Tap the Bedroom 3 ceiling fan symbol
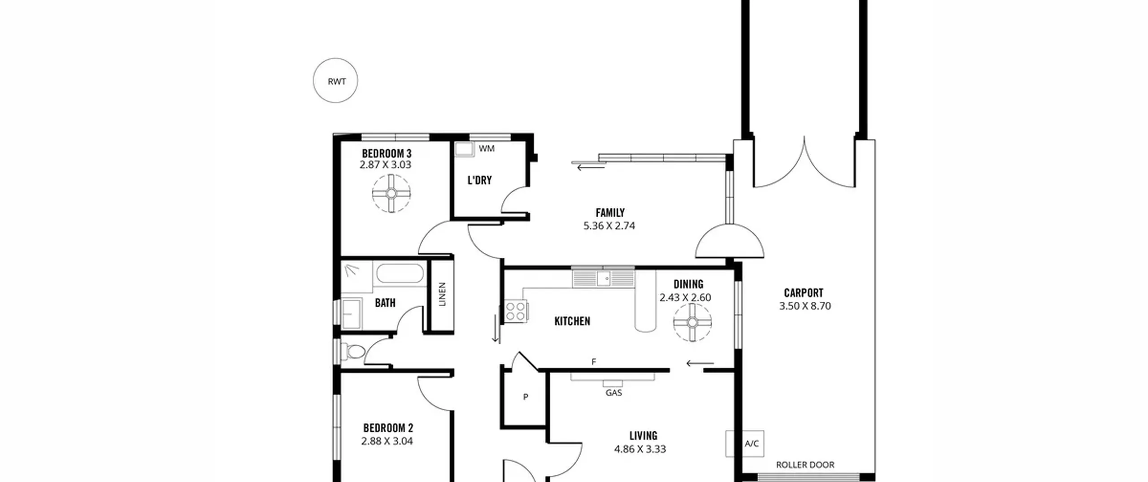coord(391,193)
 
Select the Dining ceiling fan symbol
coord(692,322)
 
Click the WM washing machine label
coord(487,148)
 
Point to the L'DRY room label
coord(479,180)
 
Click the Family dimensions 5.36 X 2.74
coord(609,226)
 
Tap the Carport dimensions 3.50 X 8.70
coord(805,306)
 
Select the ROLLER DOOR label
coord(805,465)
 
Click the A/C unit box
coord(745,443)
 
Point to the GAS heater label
coord(613,393)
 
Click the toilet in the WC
coord(353,352)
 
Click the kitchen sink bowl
coord(606,278)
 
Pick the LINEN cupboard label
coord(442,294)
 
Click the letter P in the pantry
coord(526,397)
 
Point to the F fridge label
coord(594,362)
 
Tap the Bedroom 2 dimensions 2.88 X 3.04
coord(387,441)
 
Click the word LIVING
coord(643,436)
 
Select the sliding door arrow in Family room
coord(591,168)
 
